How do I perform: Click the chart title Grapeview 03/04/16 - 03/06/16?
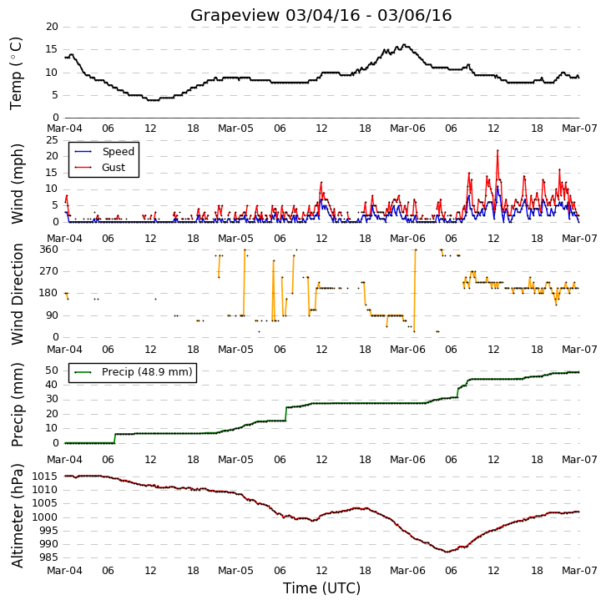pyautogui.click(x=321, y=16)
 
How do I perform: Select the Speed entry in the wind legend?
pyautogui.click(x=104, y=151)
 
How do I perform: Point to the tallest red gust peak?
pyautogui.click(x=497, y=150)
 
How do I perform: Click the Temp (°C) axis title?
pyautogui.click(x=16, y=73)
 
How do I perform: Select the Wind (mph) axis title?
pyautogui.click(x=17, y=184)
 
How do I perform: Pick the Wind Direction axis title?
pyautogui.click(x=17, y=294)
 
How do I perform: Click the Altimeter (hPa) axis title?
pyautogui.click(x=17, y=516)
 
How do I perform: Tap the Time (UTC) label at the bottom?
pyautogui.click(x=321, y=588)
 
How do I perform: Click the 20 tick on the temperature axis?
pyautogui.click(x=52, y=27)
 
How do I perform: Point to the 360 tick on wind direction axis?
pyautogui.click(x=48, y=250)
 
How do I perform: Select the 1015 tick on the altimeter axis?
pyautogui.click(x=45, y=476)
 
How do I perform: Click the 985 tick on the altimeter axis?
pyautogui.click(x=48, y=557)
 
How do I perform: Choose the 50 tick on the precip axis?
pyautogui.click(x=52, y=371)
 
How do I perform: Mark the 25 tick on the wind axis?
pyautogui.click(x=52, y=140)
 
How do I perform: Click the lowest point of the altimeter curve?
pyautogui.click(x=447, y=552)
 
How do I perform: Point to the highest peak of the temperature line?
pyautogui.click(x=404, y=45)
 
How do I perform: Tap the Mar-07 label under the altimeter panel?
pyautogui.click(x=579, y=571)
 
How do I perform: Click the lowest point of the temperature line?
pyautogui.click(x=153, y=100)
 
